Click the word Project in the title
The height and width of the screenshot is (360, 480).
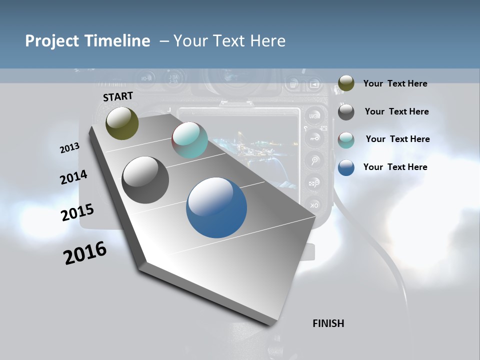pos(50,41)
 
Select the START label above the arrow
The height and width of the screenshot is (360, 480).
pos(118,96)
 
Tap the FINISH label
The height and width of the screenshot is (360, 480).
pos(328,323)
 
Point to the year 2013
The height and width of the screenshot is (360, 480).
pos(70,148)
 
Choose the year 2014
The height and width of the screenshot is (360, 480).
pos(74,177)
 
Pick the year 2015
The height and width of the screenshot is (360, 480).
pos(77,212)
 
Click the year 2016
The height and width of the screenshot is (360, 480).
pos(85,253)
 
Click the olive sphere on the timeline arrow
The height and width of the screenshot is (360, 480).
pos(122,123)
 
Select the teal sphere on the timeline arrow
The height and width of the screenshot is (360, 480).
pos(189,140)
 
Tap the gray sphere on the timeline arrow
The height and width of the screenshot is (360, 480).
pos(145,180)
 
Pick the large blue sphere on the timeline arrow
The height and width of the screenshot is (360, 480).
pos(216,207)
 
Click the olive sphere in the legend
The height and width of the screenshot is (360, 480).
pos(346,83)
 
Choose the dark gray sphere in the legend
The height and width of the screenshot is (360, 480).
pos(346,112)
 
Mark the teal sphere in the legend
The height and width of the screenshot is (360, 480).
pos(346,140)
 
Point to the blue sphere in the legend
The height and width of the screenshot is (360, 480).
pos(346,167)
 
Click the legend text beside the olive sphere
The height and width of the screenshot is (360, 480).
pos(395,84)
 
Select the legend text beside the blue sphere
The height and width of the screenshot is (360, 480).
pos(395,167)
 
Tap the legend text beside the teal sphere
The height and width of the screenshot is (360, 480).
pos(397,139)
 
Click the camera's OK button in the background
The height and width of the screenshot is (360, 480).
pos(314,205)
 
